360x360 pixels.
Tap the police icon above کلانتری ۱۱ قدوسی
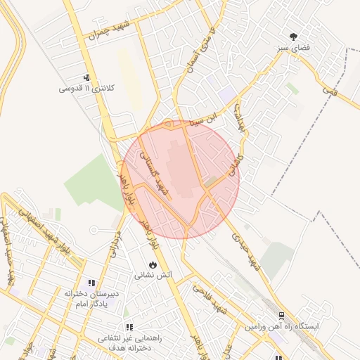86,77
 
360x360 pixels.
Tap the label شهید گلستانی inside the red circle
157,174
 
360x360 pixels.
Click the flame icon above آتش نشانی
150,264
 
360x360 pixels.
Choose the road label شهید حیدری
247,251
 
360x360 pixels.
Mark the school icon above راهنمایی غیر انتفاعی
129,327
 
